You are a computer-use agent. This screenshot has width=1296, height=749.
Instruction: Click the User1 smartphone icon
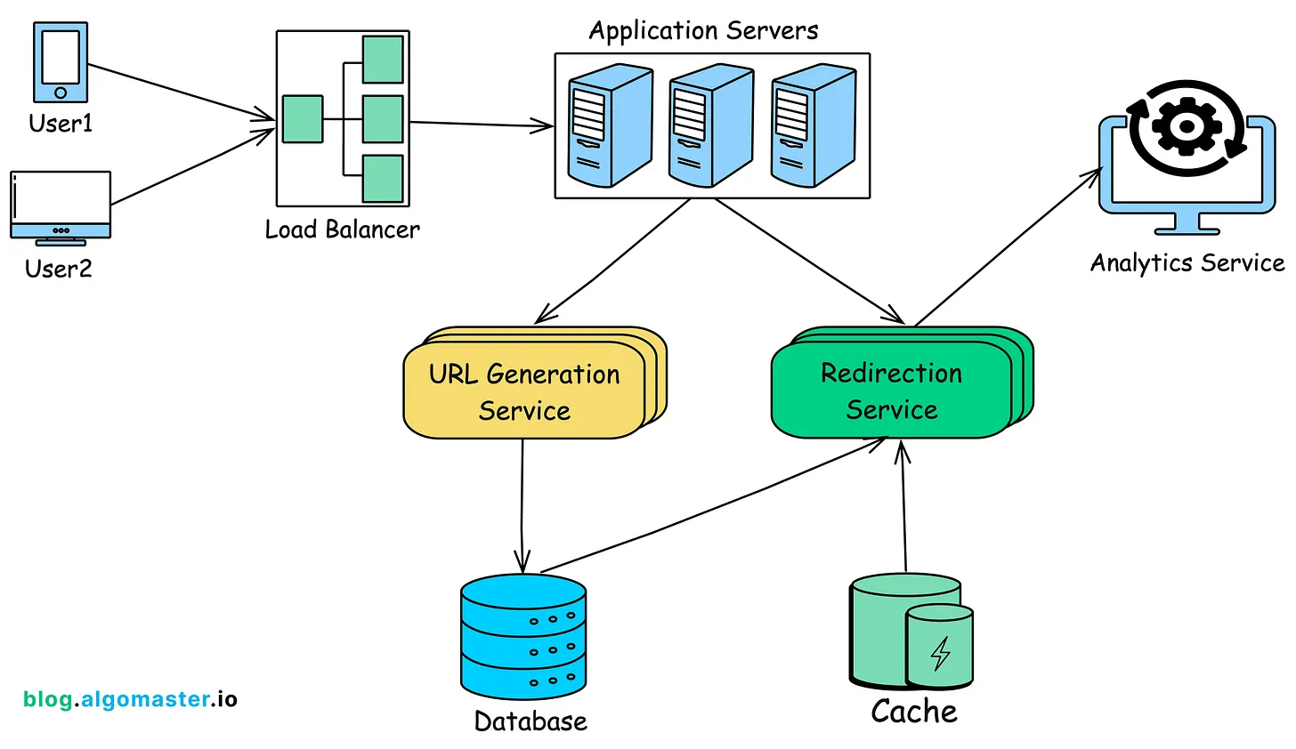[61, 62]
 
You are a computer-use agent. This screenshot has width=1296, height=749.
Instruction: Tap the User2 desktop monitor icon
[61, 205]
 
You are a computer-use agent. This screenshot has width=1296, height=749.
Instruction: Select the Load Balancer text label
[342, 230]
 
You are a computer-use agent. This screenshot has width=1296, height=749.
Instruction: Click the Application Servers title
[703, 31]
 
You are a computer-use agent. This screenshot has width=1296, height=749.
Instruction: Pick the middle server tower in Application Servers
[710, 126]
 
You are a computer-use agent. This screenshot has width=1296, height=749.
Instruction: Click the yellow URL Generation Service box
[525, 391]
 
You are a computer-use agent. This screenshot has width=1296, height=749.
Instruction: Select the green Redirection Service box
[892, 391]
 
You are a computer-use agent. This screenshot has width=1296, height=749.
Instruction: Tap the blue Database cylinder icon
[523, 637]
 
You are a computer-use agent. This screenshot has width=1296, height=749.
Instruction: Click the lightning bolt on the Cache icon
[940, 652]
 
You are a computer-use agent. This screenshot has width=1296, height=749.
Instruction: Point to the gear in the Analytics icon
[1186, 126]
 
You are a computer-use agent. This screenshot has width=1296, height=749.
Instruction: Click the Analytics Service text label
[1187, 263]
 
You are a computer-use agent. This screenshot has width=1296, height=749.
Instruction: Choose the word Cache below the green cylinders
[914, 712]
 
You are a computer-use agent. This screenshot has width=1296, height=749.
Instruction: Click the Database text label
[531, 721]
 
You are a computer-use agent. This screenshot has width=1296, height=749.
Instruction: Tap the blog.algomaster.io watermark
[130, 699]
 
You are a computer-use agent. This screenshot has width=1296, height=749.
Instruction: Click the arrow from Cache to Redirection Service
[904, 507]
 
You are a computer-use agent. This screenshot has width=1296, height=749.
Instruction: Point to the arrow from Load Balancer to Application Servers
[481, 125]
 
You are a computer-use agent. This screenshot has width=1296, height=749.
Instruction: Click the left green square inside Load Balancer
[303, 119]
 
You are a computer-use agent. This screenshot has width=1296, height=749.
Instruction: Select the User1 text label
[61, 124]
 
